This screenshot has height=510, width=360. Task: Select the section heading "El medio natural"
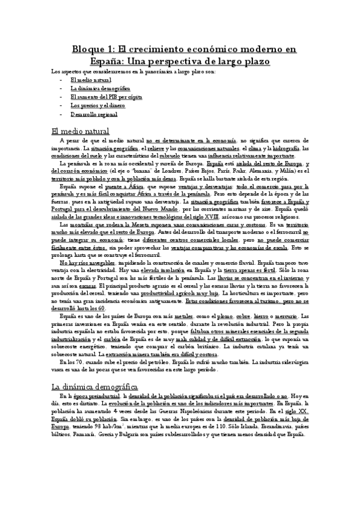(81, 131)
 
